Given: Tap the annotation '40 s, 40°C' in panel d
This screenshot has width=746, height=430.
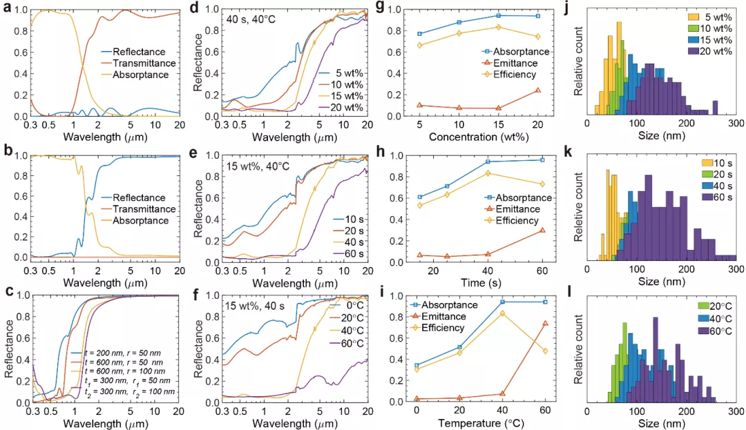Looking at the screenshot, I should pos(249,19).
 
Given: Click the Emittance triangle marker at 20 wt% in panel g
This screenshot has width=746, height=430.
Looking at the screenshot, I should pos(537,90).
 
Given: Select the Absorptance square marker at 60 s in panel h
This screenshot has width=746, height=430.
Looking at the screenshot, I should pos(542,160).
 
